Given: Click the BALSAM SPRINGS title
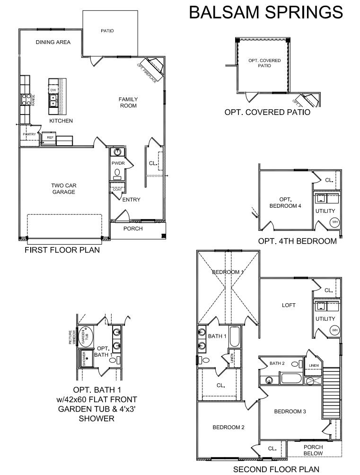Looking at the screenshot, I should tap(266, 12).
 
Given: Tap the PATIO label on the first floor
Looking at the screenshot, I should tap(107, 31).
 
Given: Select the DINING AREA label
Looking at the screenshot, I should tap(53, 42).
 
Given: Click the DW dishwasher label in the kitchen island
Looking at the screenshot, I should tap(53, 89).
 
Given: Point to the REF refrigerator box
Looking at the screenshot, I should tap(49, 138).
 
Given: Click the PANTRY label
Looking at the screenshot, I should tap(29, 134).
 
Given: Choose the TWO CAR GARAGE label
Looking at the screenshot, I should tap(63, 189).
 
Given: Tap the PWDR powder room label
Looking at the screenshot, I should tap(117, 163).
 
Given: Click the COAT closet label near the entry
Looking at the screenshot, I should tap(117, 189).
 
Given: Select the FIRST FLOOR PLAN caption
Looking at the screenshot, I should tap(62, 250).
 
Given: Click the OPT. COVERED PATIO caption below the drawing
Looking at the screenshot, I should tap(267, 113).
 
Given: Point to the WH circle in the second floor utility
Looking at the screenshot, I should tap(334, 330).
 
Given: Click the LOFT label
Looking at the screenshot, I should tap(289, 305).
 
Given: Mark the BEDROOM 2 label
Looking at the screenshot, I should tap(228, 427).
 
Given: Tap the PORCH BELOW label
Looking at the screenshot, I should tap(313, 450).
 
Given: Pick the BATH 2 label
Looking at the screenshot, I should tap(277, 363).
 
